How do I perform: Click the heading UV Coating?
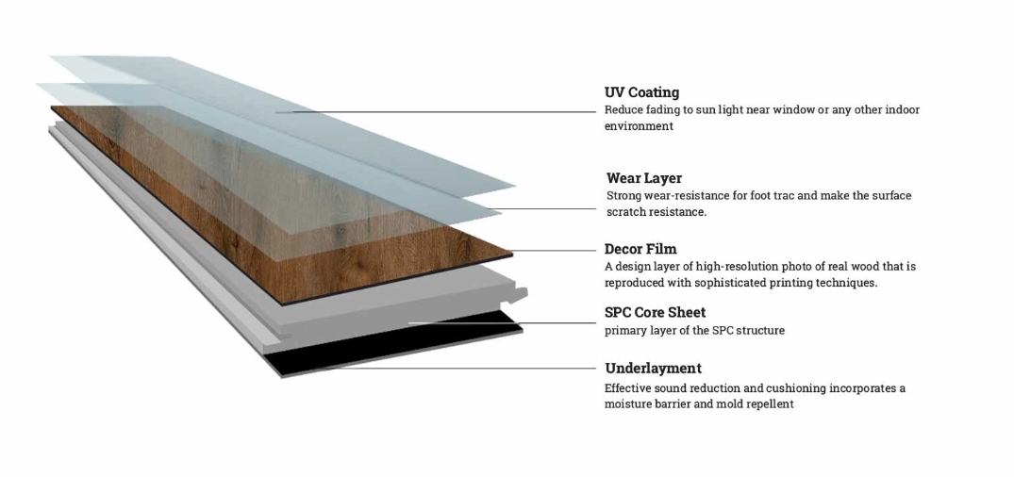pyautogui.click(x=641, y=92)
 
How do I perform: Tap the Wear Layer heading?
pyautogui.click(x=644, y=178)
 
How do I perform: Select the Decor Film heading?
pyautogui.click(x=640, y=249)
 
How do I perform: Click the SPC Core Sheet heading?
pyautogui.click(x=655, y=312)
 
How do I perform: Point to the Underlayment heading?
pyautogui.click(x=653, y=369)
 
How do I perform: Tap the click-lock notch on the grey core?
pyautogui.click(x=517, y=295)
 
